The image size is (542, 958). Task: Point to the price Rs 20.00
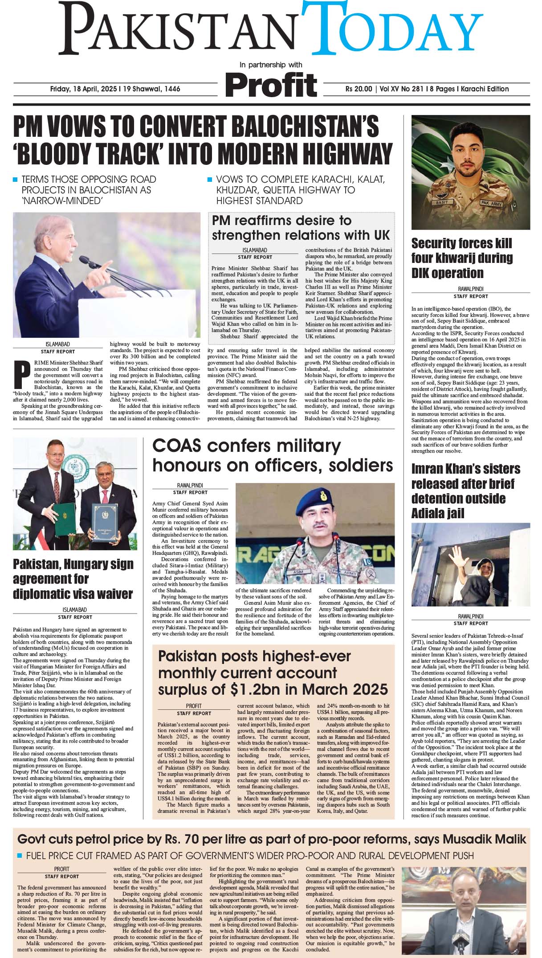pos(359,89)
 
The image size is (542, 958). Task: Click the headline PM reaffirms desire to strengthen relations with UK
pos(301,228)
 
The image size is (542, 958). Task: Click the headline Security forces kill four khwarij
pos(462,258)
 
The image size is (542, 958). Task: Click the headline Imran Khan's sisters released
pos(465,491)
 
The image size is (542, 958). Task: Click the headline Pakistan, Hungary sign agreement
pos(73,579)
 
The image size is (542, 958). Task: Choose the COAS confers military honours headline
pos(272,455)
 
